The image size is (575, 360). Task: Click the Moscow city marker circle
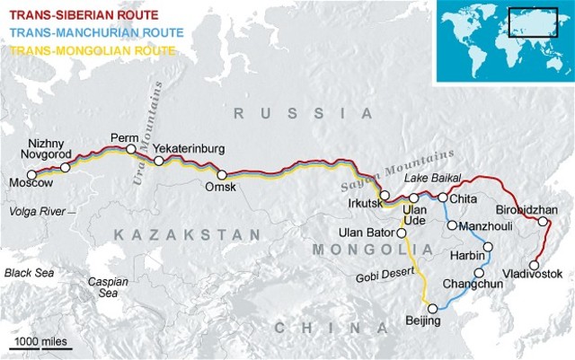point(32,173)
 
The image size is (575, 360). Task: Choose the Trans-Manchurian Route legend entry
point(88,32)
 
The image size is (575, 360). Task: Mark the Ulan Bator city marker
point(402,232)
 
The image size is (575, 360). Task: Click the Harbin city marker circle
point(489,246)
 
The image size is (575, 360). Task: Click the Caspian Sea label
point(102,286)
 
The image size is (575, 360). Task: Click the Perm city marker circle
point(131,149)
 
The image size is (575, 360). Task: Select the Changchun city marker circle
point(479,273)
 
